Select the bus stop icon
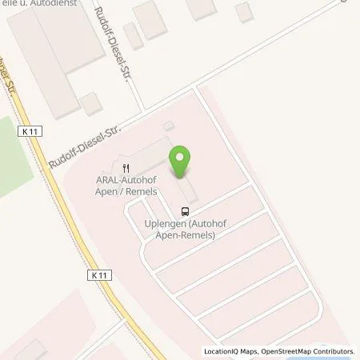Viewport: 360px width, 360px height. tap(186, 211)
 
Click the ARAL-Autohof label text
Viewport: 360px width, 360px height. tap(126, 182)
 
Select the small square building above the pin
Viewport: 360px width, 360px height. tap(167, 126)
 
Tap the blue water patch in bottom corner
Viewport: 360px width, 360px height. tap(347, 356)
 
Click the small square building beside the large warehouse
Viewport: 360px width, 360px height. tap(90, 103)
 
